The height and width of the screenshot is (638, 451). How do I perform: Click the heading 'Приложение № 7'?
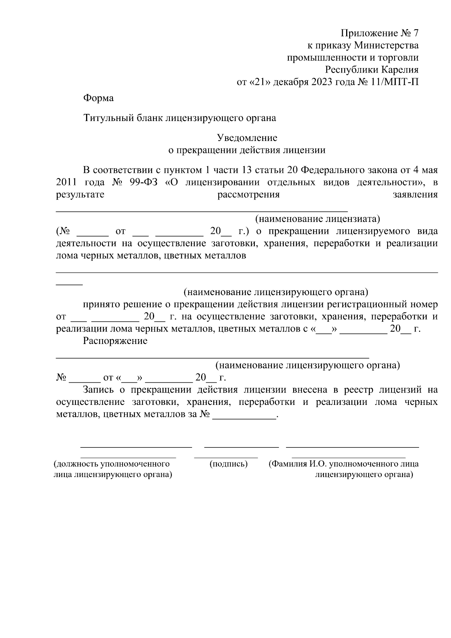tap(379, 33)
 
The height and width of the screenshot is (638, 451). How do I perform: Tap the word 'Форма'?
tap(98, 98)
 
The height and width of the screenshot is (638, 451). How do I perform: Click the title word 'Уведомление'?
tap(247, 138)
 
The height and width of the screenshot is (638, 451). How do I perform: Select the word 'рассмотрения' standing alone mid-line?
tap(249, 194)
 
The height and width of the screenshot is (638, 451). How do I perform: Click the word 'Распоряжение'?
tap(115, 341)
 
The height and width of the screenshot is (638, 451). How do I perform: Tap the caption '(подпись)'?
tap(229, 464)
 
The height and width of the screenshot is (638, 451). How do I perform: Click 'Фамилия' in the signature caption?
tap(289, 464)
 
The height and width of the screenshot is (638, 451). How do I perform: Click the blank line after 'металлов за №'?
tap(244, 418)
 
